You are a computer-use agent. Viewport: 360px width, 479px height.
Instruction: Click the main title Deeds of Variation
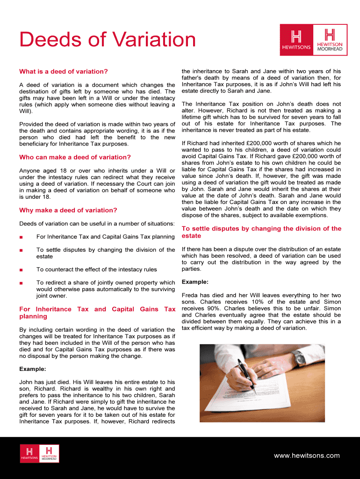[x=108, y=39]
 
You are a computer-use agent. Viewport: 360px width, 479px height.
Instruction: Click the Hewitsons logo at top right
[x=296, y=40]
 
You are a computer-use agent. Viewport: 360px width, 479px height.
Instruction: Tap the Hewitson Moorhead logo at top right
[x=330, y=40]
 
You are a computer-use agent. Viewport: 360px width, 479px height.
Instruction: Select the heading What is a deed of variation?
[x=64, y=72]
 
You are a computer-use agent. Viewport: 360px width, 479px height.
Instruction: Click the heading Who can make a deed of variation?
[x=75, y=157]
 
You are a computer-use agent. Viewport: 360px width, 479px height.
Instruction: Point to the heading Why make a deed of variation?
[x=68, y=210]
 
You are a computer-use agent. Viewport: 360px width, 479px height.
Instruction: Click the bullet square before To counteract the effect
[x=21, y=270]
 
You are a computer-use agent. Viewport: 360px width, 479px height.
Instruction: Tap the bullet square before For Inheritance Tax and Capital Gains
[x=21, y=237]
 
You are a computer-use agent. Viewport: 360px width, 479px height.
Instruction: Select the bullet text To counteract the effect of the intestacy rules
[x=96, y=269]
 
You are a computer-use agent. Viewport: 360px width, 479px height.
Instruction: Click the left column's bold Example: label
[x=32, y=369]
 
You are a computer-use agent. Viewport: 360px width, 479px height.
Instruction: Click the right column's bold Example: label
[x=195, y=282]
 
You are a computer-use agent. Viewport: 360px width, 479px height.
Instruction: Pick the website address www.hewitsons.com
[x=307, y=456]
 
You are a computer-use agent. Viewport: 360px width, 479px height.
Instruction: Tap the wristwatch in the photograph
[x=299, y=358]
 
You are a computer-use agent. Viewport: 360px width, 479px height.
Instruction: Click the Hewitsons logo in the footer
[x=30, y=453]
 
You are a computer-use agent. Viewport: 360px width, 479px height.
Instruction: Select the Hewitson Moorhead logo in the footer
[x=49, y=453]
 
